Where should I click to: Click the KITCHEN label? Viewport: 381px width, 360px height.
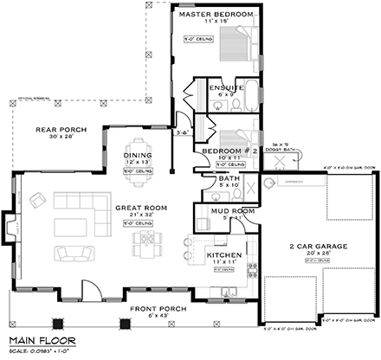point(223,255)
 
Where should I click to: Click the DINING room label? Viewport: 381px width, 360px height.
point(138,155)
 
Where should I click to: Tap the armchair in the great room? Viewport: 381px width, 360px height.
point(38,201)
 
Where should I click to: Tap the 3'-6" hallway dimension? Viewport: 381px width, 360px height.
point(181,132)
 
